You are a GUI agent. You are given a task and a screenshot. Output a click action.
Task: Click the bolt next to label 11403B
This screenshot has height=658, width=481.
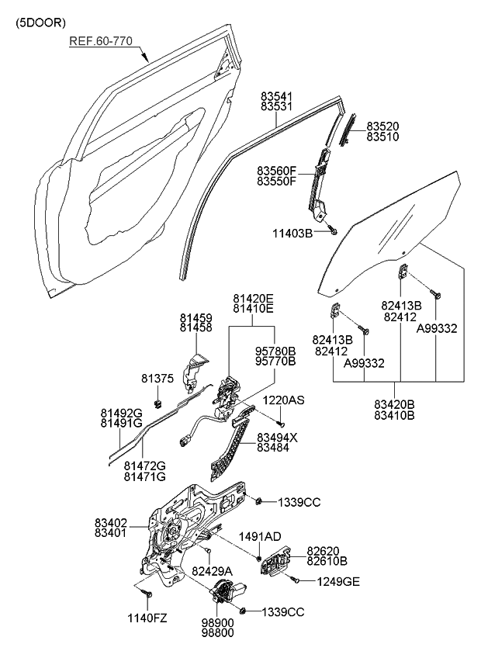coord(332,230)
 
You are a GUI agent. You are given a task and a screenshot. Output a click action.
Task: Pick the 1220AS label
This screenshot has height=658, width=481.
coord(283,400)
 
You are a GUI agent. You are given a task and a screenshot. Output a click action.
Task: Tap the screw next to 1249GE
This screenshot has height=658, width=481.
coord(295,579)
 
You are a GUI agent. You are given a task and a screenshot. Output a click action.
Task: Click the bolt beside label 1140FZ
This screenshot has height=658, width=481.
coord(148,594)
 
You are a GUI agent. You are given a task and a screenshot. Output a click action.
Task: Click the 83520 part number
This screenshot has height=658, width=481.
coord(383,126)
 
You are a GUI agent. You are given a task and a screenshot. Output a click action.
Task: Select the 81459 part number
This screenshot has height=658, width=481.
coord(196,317)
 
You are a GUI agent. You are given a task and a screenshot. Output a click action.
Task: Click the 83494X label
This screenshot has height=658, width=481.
coord(277,437)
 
